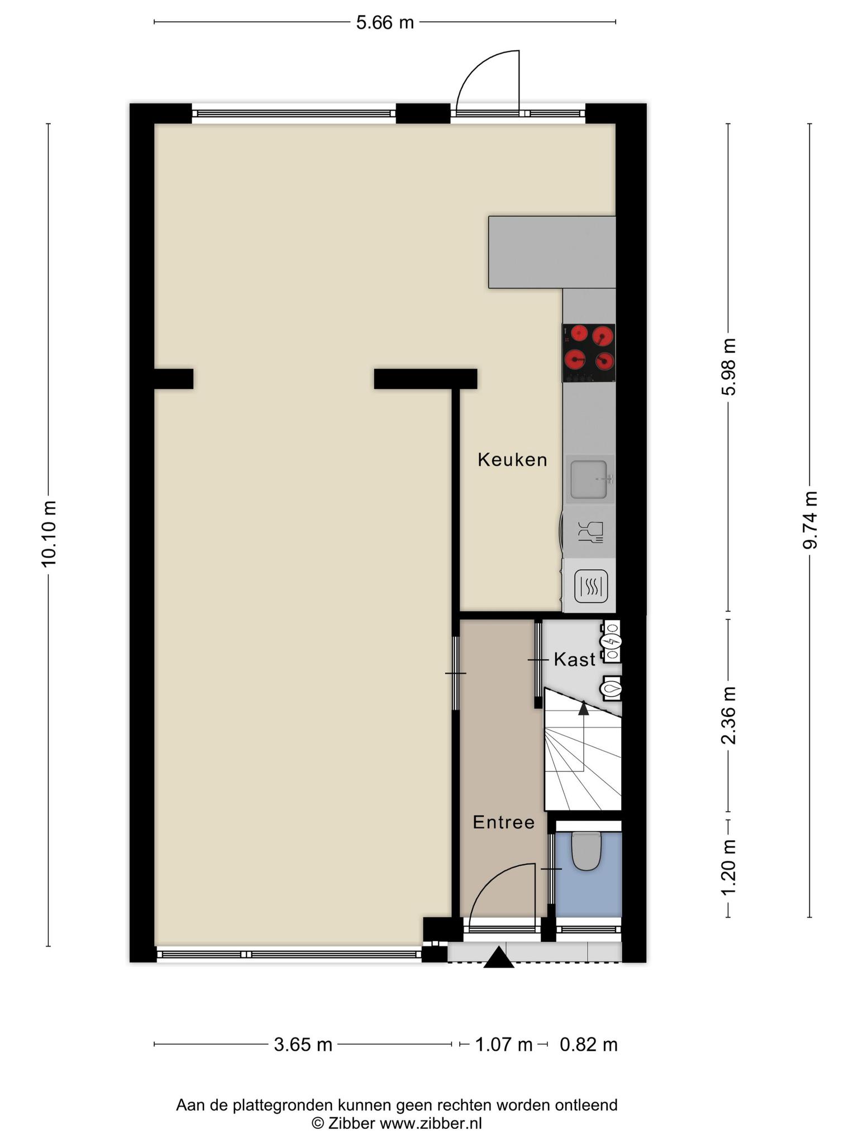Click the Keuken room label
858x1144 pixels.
512,460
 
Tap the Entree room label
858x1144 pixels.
504,822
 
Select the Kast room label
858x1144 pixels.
574,660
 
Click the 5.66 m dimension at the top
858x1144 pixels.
385,22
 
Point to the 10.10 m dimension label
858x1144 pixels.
49,533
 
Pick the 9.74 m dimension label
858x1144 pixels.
810,520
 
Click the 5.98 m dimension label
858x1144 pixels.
728,366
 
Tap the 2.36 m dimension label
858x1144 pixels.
728,716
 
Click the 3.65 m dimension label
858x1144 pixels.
303,1045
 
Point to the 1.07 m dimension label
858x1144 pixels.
504,1045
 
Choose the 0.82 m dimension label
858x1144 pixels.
589,1045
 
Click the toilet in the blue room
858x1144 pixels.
585,851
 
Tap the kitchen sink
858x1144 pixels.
590,479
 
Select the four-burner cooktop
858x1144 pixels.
589,353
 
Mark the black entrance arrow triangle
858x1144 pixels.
498,957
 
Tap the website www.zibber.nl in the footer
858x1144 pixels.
431,1124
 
